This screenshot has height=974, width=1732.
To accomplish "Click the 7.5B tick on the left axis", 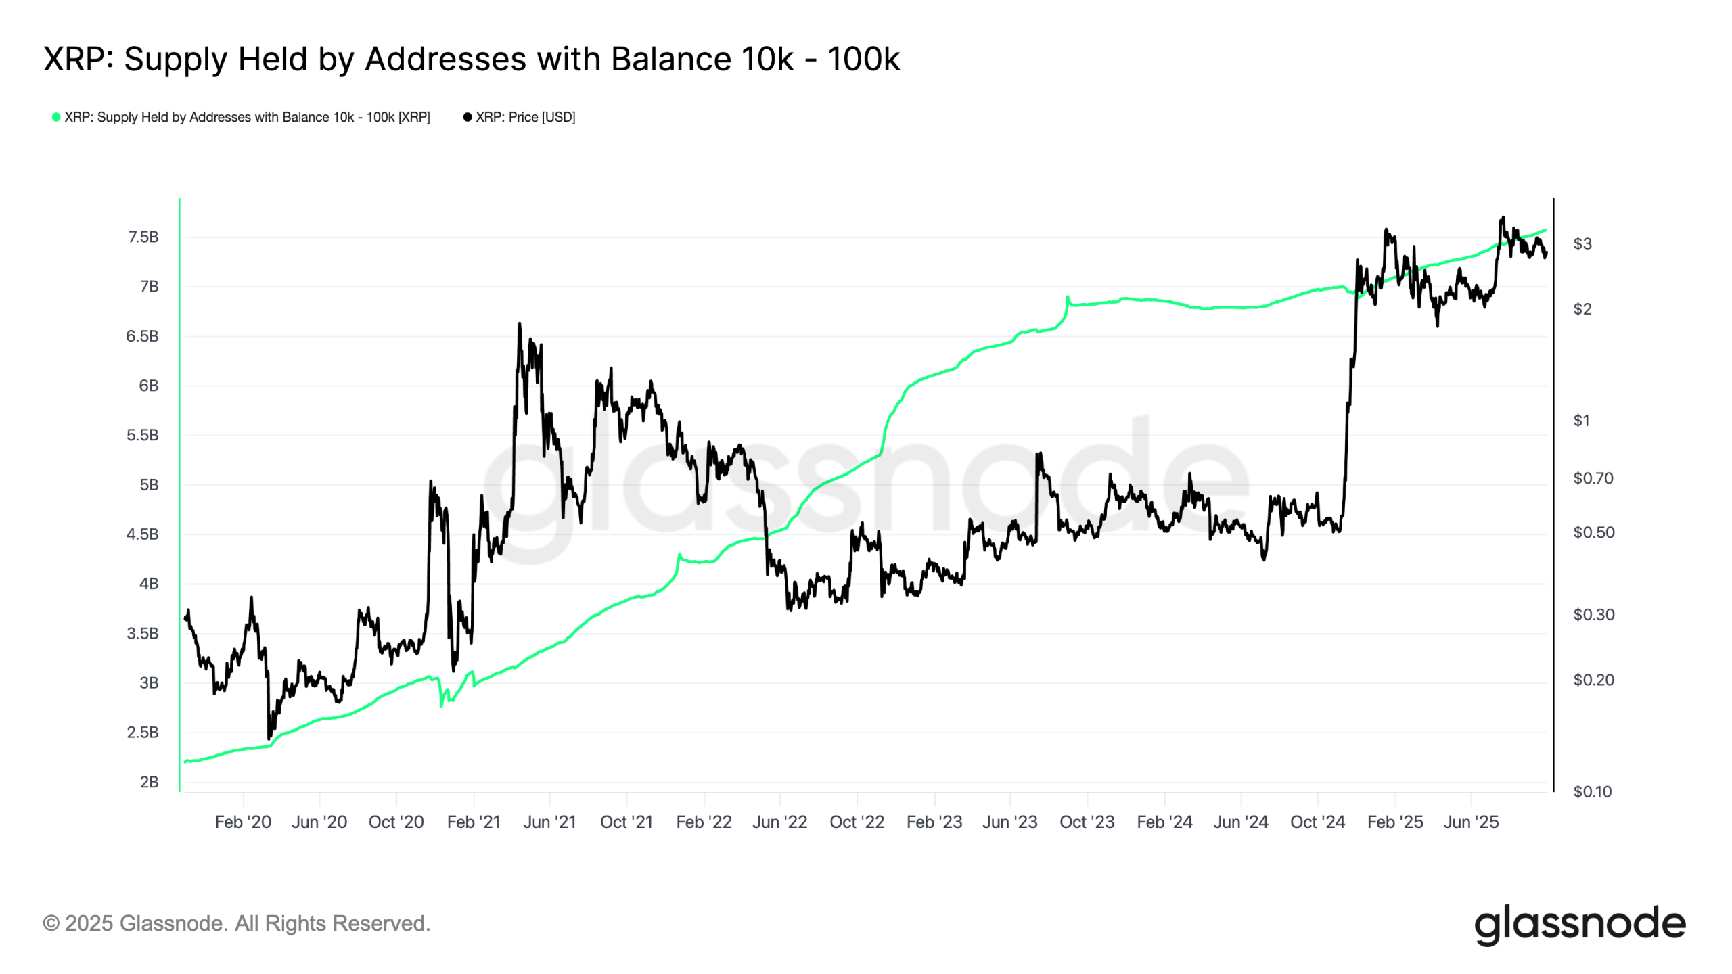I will (x=143, y=237).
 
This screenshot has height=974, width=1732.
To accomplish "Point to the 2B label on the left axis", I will (x=149, y=782).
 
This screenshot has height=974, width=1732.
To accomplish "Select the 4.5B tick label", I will (x=142, y=534).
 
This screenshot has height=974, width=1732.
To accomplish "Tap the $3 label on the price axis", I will (x=1582, y=243).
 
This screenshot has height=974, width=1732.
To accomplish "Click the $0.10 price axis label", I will (x=1592, y=791).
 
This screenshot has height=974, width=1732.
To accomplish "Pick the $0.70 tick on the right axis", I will (x=1593, y=478).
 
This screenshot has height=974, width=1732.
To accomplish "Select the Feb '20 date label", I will (x=243, y=822).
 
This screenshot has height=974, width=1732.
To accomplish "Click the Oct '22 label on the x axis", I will (x=857, y=822).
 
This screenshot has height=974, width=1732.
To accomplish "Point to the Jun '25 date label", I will (x=1471, y=822).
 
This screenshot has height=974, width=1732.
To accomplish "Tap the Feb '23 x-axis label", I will (x=934, y=822).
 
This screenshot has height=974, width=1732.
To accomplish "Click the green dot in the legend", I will (x=56, y=117).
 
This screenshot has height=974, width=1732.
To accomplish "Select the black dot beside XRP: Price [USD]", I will (x=467, y=117).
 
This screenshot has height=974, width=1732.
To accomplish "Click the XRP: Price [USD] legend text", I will (x=525, y=117).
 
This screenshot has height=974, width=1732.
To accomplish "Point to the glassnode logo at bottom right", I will (x=1580, y=924).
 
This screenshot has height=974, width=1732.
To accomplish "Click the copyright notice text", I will (x=237, y=923).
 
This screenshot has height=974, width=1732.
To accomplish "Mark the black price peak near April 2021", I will (x=520, y=324).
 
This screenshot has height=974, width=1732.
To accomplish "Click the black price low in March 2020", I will (x=269, y=738).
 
